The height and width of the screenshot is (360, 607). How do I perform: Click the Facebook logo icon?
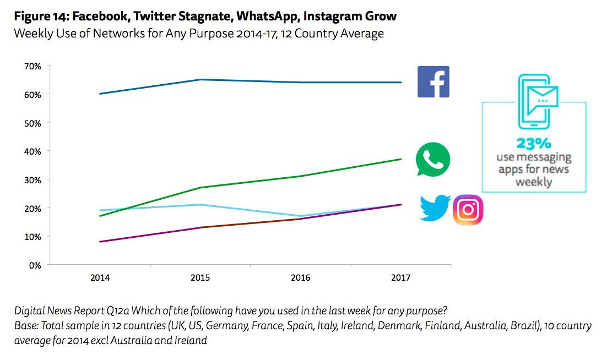click(433, 81)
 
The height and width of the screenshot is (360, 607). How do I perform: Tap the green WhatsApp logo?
click(433, 160)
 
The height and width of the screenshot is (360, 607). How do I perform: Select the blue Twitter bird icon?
click(435, 208)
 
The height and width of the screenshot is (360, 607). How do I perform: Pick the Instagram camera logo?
click(468, 210)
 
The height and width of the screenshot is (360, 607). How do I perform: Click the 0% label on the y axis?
click(35, 265)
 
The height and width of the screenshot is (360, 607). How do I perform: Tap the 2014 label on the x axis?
click(100, 278)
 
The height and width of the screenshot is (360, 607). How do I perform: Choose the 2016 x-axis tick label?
click(300, 278)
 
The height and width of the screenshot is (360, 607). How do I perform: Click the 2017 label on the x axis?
click(400, 278)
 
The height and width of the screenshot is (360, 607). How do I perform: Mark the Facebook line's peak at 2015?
click(200, 80)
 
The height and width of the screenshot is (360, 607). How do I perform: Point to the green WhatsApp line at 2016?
click(301, 176)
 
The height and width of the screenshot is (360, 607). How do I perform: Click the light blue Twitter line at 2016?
click(301, 216)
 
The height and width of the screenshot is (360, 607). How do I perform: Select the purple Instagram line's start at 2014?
click(100, 242)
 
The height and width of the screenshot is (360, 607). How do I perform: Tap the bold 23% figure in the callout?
click(533, 144)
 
